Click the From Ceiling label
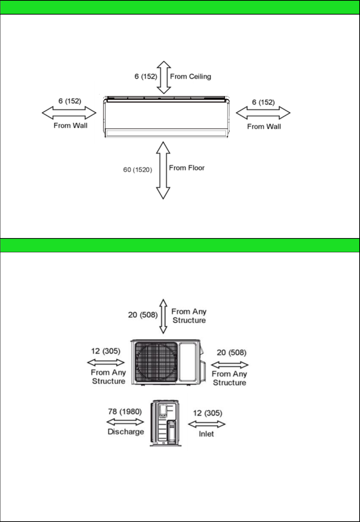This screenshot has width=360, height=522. click(x=190, y=76)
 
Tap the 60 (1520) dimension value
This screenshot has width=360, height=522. click(x=138, y=169)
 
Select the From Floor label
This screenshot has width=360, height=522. click(x=187, y=168)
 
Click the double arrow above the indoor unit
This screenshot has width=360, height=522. click(x=164, y=77)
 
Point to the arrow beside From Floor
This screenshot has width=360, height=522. click(x=163, y=170)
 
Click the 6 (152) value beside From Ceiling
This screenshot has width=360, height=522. click(x=146, y=76)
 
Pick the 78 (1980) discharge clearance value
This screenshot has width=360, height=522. click(x=125, y=411)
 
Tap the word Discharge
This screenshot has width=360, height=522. click(x=126, y=432)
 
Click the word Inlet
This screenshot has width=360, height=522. click(x=206, y=434)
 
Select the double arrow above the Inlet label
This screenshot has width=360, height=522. click(x=207, y=424)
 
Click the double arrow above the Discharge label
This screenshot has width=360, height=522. click(x=125, y=422)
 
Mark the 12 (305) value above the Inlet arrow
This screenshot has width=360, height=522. click(x=208, y=413)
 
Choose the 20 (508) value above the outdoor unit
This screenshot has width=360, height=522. click(x=143, y=315)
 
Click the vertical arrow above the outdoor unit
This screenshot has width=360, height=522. click(x=163, y=317)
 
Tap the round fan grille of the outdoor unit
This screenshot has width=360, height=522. click(x=156, y=362)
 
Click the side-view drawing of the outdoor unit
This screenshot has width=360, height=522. click(x=166, y=423)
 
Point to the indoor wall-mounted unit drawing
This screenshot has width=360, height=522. click(x=166, y=117)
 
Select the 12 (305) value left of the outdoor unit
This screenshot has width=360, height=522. click(x=106, y=351)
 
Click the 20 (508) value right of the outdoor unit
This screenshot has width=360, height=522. click(x=232, y=353)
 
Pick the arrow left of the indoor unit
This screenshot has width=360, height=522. click(x=69, y=113)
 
